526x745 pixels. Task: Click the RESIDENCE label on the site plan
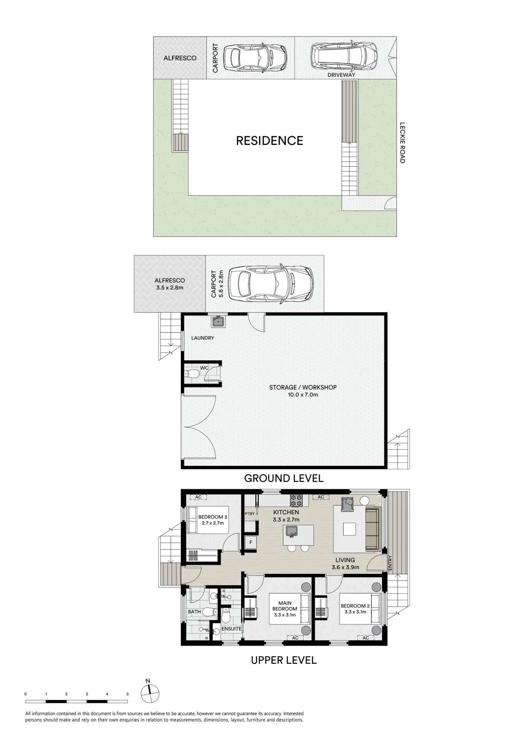point(270,140)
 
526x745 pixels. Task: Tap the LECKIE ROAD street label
point(402,143)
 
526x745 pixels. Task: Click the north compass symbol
point(150,694)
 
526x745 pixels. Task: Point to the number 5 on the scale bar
point(127,694)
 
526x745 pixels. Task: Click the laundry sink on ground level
point(218,321)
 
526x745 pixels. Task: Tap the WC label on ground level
point(204,368)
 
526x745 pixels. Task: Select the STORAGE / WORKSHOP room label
point(303,391)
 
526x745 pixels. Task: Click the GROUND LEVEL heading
point(284,478)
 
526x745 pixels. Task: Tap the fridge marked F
point(251,542)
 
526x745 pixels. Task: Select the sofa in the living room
point(373,528)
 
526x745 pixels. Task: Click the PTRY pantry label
point(250,514)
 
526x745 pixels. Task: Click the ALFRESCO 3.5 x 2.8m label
point(170,284)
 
